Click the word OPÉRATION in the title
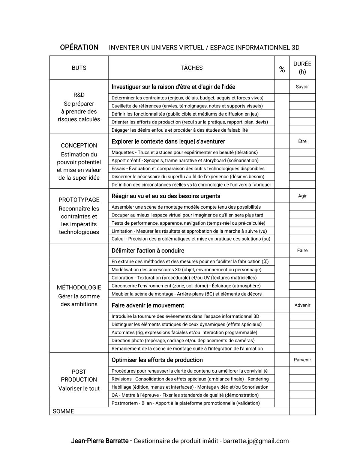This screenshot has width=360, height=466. (x=79, y=47)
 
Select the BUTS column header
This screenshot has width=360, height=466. (x=79, y=68)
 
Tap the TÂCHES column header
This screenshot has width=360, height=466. (x=191, y=68)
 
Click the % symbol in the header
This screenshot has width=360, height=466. (x=282, y=69)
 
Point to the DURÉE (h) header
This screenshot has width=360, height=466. (x=302, y=68)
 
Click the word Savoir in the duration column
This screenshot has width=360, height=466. (x=302, y=87)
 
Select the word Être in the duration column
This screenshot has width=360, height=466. (x=302, y=141)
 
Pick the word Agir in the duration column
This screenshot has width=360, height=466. (x=302, y=196)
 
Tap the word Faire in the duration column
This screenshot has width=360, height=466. (x=302, y=250)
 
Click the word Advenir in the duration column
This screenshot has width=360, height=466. (x=302, y=305)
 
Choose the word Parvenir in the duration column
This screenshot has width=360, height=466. (x=302, y=360)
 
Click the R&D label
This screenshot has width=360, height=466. (x=79, y=95)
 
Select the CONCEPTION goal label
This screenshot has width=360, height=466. (x=79, y=146)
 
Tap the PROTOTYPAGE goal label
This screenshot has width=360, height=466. (x=79, y=200)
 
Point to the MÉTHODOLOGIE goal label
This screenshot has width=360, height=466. (x=79, y=287)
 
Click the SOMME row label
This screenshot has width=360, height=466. (x=63, y=411)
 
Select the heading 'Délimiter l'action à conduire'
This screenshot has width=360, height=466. (x=148, y=251)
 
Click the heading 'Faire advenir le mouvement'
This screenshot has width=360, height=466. (x=148, y=305)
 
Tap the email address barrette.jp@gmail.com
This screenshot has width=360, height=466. (x=256, y=441)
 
